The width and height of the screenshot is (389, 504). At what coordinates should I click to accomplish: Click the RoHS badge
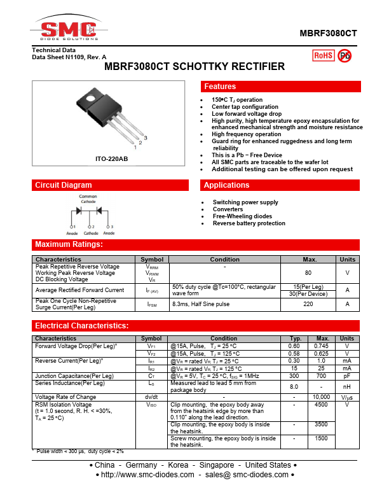323,55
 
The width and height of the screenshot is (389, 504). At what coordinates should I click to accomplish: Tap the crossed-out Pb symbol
345,55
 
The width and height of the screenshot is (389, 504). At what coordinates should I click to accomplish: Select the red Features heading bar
281,87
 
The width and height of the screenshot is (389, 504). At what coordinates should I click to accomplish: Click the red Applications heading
281,185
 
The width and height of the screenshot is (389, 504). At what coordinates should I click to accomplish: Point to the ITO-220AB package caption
111,158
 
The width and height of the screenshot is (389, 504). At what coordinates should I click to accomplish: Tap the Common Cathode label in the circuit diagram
88,199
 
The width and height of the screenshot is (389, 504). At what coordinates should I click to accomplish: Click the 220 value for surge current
308,305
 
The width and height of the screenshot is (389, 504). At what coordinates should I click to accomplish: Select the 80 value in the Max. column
308,273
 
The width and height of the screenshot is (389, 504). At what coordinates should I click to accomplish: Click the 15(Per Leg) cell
308,287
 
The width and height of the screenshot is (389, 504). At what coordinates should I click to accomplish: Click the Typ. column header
295,339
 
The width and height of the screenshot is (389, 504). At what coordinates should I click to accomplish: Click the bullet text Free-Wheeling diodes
242,216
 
